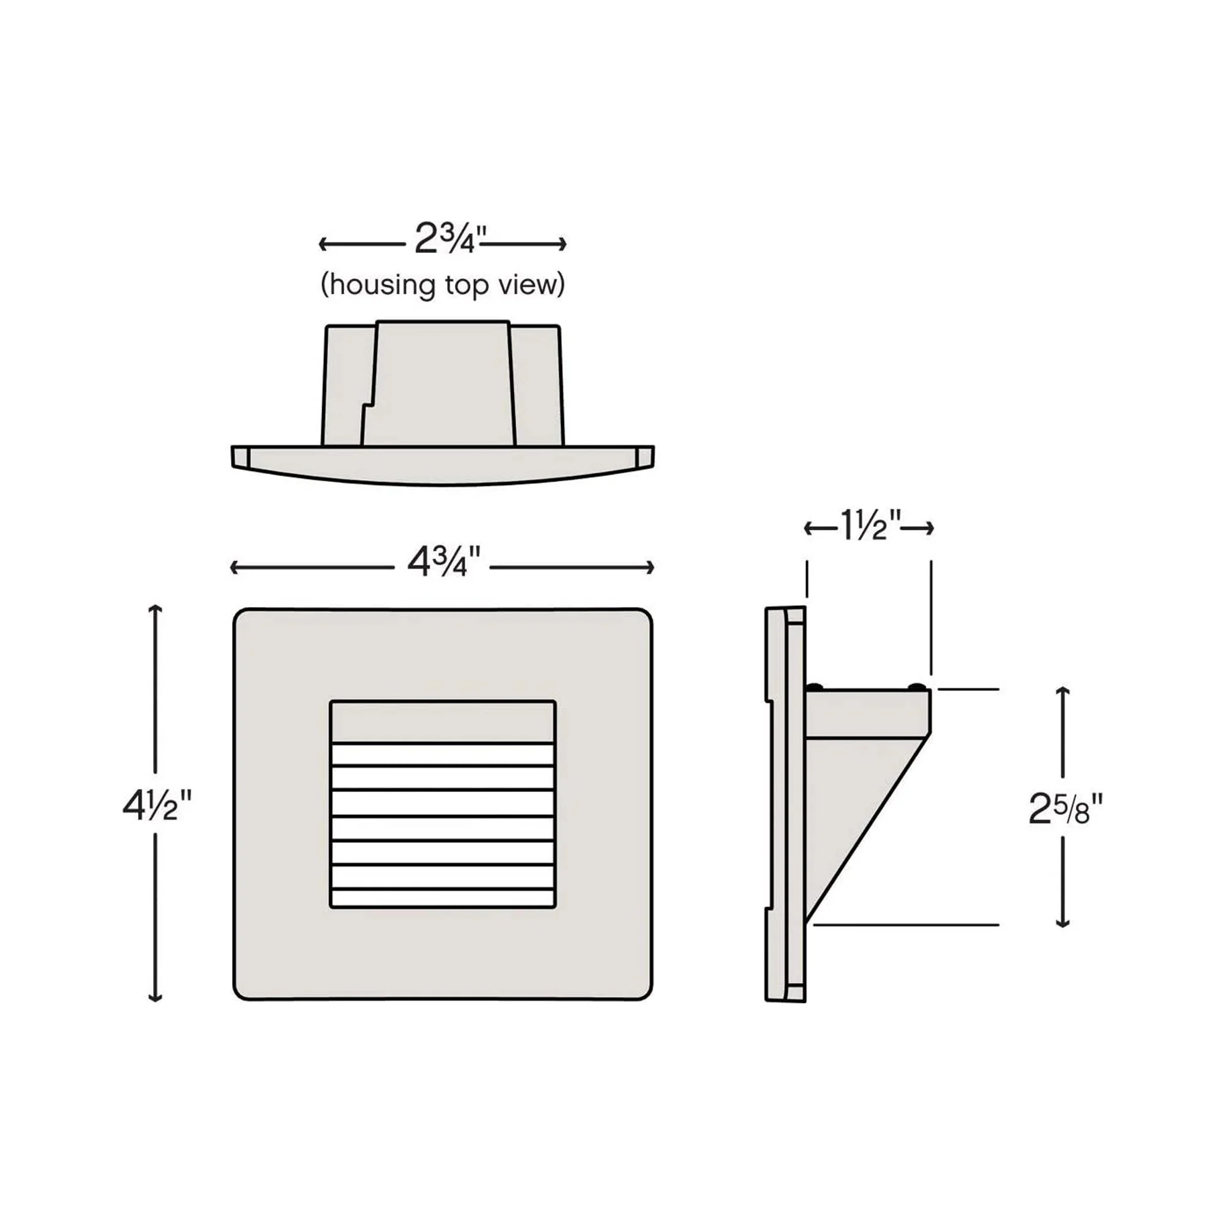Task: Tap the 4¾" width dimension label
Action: pyautogui.click(x=443, y=562)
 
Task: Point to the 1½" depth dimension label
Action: pyautogui.click(x=869, y=527)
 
